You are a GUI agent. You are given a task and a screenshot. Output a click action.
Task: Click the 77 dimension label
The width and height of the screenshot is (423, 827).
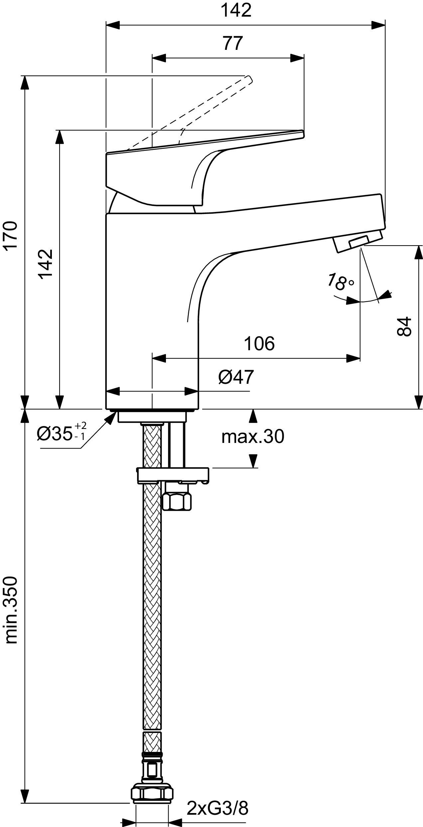tap(233, 44)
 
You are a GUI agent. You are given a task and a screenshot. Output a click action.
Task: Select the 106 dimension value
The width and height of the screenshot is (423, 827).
tap(260, 344)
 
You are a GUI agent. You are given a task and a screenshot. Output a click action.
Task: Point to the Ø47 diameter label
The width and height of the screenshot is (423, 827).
tap(236, 377)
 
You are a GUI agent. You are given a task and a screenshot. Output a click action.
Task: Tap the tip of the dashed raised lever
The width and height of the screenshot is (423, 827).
tap(249, 79)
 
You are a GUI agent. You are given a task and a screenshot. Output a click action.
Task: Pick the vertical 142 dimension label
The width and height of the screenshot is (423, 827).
tap(45, 264)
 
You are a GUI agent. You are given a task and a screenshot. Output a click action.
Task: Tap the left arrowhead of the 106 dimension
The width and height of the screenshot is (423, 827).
tap(159, 358)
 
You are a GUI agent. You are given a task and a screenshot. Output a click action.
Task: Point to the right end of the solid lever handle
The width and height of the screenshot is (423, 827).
tap(303, 134)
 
